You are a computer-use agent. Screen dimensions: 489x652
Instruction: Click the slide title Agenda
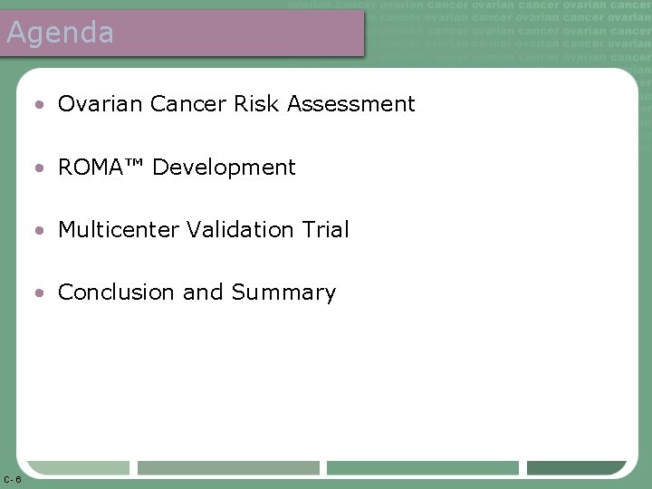[x=60, y=34]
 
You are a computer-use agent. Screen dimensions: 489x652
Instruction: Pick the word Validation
[x=238, y=230]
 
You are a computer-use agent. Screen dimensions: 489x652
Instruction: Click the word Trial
[x=328, y=230]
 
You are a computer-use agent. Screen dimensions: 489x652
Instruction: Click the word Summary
[x=283, y=293]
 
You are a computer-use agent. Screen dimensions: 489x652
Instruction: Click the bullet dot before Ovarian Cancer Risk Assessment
[x=42, y=105]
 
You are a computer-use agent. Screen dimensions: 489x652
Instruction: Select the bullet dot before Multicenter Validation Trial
[x=42, y=231]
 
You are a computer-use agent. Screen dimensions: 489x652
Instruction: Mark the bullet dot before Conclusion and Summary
[x=42, y=293]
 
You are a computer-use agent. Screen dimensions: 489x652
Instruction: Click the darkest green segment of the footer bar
[x=576, y=468]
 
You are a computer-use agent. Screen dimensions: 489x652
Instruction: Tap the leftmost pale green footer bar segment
[x=79, y=468]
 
